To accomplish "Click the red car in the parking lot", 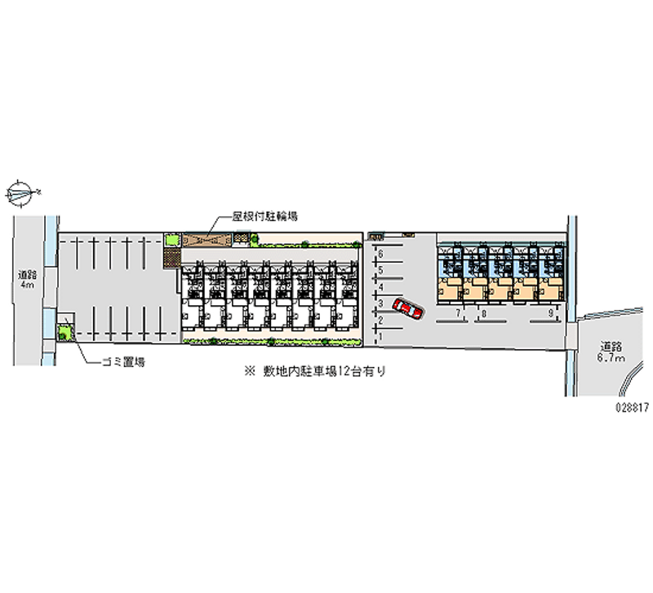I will tap(408, 309).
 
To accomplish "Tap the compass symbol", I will tap(23, 193).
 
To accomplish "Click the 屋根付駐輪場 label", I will tap(264, 217).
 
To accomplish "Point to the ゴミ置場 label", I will tap(123, 362).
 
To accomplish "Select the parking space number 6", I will tap(380, 254).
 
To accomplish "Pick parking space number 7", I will tap(458, 313).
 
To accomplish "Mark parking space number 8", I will tap(484, 313).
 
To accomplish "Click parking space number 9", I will tap(551, 313).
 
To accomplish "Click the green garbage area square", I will tap(64, 331).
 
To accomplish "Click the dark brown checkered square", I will tap(171, 258).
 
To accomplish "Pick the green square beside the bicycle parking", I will tap(171, 240).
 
